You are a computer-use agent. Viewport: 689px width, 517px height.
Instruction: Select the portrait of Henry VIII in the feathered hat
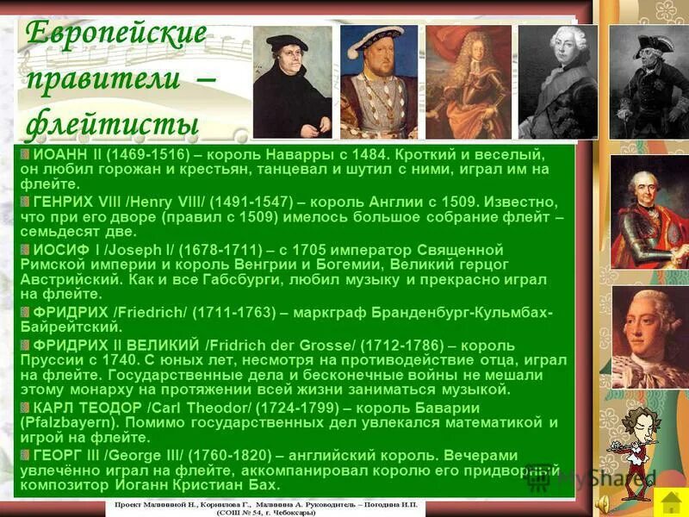(x=378, y=83)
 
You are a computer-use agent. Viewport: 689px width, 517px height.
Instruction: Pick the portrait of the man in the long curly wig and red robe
(x=469, y=83)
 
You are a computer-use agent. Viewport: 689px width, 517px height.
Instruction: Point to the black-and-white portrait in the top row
(x=557, y=83)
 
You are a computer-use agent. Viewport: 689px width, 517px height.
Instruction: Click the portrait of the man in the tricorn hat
(x=649, y=83)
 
